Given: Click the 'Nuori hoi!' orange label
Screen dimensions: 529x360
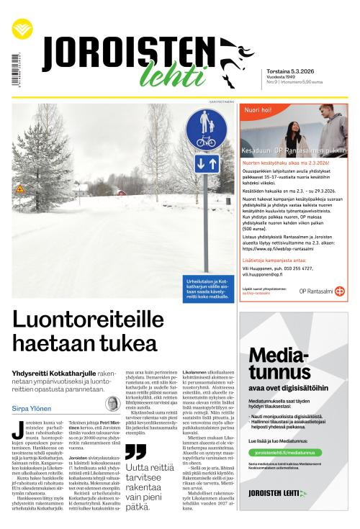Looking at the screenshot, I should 258,110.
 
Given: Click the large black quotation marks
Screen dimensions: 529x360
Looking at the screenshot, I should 135,451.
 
